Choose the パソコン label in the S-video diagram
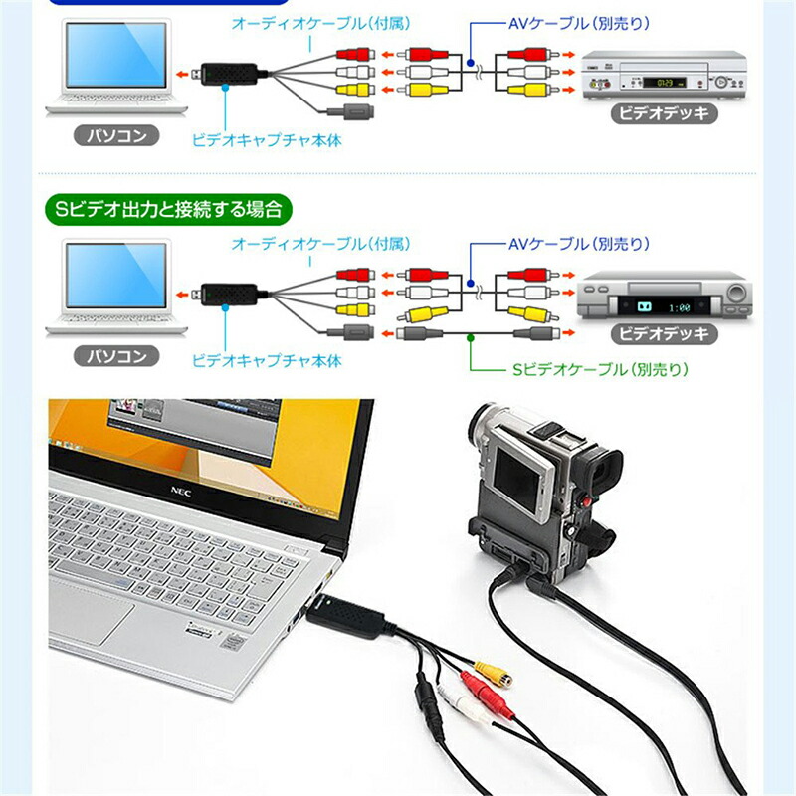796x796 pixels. (x=118, y=355)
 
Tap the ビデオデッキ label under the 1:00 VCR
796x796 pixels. (x=663, y=334)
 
